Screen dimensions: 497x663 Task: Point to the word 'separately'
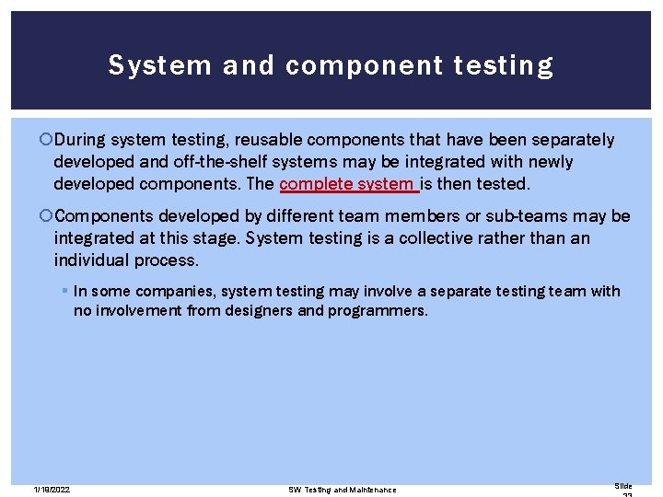tap(569, 140)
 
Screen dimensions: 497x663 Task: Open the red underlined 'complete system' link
tap(348, 184)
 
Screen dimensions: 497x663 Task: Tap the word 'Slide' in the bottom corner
tap(623, 486)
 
